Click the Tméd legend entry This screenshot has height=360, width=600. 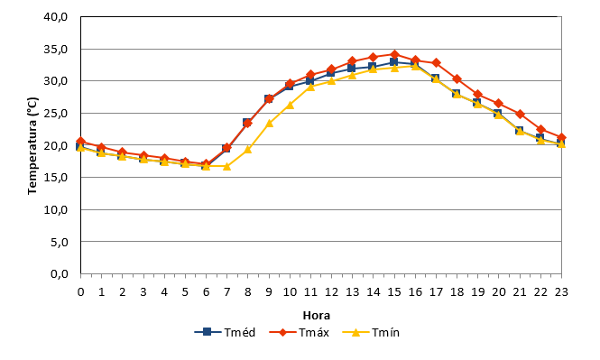coord(225,332)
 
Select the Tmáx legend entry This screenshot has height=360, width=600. coord(300,332)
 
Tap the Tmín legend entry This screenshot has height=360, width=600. coord(371,332)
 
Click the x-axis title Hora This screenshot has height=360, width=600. coord(317,316)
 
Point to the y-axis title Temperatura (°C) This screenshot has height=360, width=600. coord(32,145)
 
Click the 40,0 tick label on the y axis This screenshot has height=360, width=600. coord(55,17)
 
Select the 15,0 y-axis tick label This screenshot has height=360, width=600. coord(55,178)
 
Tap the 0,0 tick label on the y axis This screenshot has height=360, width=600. coord(60,274)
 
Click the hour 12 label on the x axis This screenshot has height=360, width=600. coord(331,292)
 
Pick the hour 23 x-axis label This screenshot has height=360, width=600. coord(561,292)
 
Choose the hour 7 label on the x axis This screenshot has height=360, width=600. coord(226,292)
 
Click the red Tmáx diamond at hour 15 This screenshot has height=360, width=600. coord(394,55)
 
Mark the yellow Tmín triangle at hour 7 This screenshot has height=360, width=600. coord(226,166)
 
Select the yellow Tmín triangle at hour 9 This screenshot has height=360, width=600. coord(269,124)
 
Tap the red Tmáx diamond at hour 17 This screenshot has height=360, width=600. coord(436,63)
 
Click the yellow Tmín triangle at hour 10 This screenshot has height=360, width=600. coord(290,106)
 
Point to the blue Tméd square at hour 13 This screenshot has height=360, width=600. coord(352,68)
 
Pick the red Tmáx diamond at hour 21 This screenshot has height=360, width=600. coord(520,114)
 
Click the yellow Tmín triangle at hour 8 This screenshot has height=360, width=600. coord(247,149)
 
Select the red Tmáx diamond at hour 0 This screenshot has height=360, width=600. coord(80,142)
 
